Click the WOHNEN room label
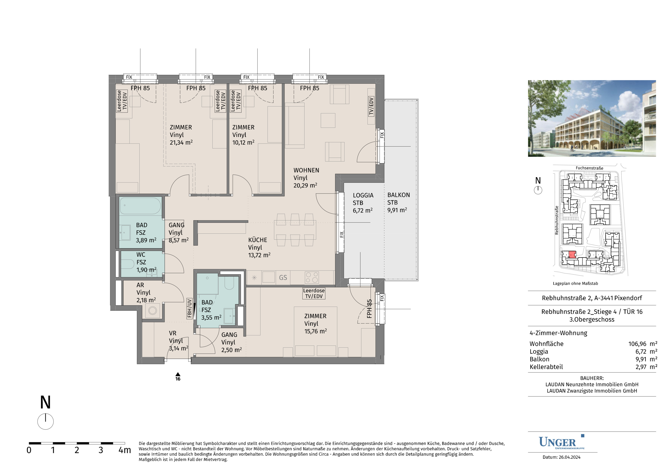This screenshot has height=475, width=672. (306, 170)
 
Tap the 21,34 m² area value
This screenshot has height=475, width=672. (181, 142)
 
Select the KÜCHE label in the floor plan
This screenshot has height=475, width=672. (257, 240)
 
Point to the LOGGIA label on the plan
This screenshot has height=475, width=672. (363, 195)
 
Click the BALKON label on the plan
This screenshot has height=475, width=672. (399, 195)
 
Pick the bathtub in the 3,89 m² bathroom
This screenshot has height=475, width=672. (141, 206)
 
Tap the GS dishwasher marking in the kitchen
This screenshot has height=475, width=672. (283, 277)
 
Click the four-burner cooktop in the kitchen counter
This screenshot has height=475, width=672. (312, 277)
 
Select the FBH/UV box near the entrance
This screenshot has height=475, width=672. (189, 308)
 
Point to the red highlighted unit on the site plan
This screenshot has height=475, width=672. (572, 254)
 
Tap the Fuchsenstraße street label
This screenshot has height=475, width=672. (589, 168)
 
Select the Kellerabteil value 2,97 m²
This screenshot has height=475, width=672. (646, 367)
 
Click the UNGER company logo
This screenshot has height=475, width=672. (561, 442)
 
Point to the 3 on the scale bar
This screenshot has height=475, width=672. (101, 450)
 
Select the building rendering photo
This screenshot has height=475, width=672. (592, 118)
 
